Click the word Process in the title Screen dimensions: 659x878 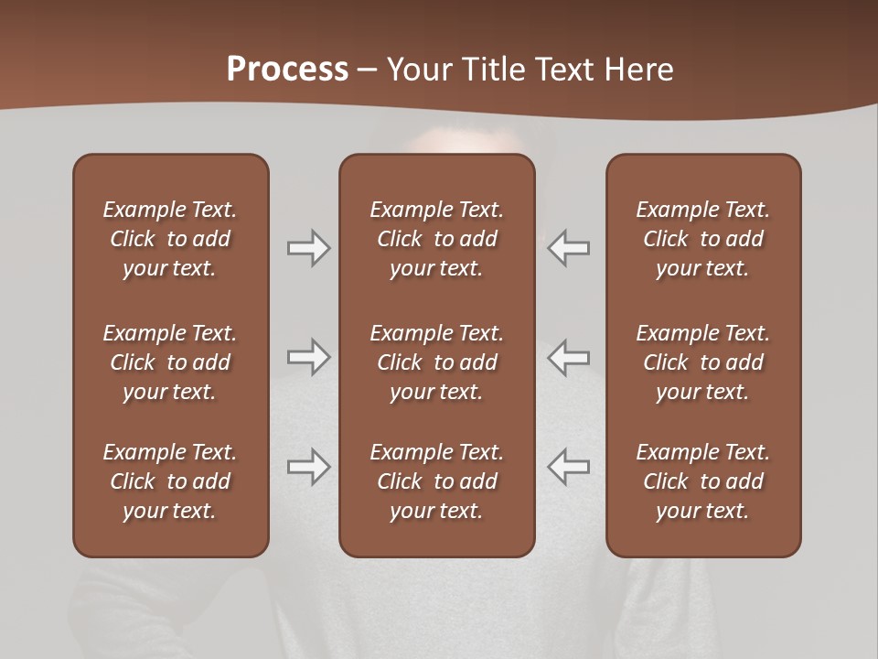click(287, 70)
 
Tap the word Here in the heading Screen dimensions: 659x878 click(637, 70)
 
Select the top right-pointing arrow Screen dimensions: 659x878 click(308, 248)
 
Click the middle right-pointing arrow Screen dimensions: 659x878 click(308, 357)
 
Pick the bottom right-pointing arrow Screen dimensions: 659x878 click(308, 467)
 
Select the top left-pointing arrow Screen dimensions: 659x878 click(569, 248)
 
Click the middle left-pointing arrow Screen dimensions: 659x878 click(569, 357)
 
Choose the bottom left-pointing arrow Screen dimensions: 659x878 click(569, 467)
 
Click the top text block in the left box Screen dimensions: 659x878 click(170, 239)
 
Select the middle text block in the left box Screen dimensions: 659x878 click(170, 362)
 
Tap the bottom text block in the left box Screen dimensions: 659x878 click(170, 481)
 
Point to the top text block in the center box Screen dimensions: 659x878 click(436, 239)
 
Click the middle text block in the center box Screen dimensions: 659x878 click(436, 362)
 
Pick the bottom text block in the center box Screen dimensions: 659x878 click(436, 481)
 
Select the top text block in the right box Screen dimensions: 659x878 click(703, 239)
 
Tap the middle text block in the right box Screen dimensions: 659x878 click(703, 362)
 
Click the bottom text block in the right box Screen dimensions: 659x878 click(703, 481)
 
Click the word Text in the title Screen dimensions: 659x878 click(562, 70)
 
